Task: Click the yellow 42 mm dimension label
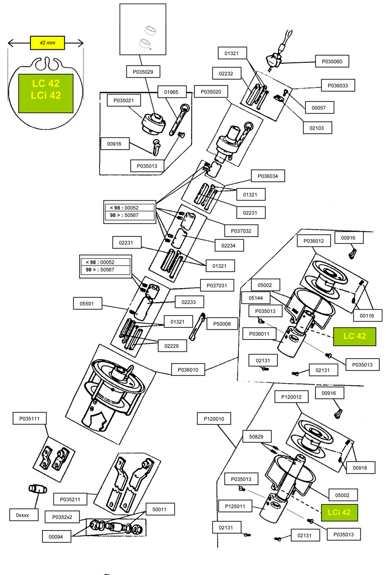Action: point(47,42)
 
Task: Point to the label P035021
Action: point(123,100)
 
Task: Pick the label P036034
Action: point(268,176)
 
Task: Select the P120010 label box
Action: point(214,418)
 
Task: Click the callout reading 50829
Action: point(256,436)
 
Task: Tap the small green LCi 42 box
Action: point(339,512)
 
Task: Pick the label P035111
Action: point(29,419)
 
